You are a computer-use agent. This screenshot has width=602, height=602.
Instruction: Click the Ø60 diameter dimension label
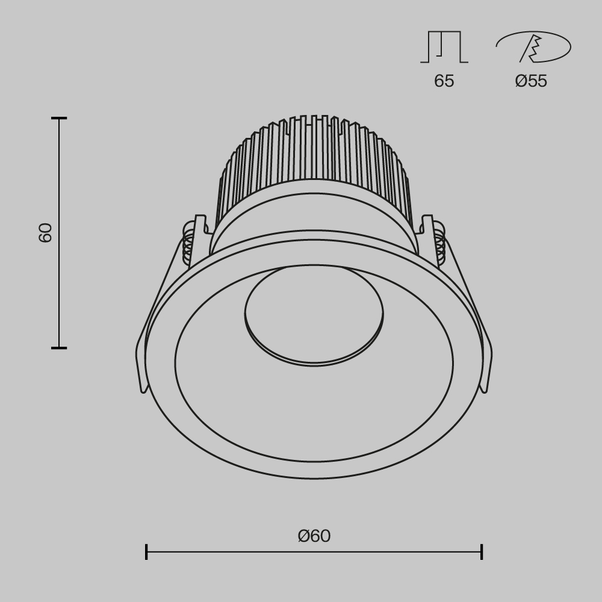click(x=314, y=536)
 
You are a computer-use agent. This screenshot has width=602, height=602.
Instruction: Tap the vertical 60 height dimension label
click(x=46, y=232)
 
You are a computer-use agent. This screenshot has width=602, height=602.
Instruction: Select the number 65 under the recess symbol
click(x=444, y=81)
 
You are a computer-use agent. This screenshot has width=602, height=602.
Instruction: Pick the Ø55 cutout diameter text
click(x=531, y=81)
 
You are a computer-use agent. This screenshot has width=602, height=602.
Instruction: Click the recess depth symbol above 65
click(x=444, y=47)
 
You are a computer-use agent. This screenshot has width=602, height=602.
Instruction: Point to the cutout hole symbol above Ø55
click(x=533, y=47)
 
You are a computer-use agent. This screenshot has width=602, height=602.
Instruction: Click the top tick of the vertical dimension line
click(x=59, y=119)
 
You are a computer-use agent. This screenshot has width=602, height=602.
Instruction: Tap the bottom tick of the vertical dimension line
click(x=59, y=347)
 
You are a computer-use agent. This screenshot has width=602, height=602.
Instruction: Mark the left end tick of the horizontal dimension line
click(x=146, y=551)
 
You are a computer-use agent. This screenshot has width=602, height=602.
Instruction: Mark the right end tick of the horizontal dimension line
click(x=482, y=551)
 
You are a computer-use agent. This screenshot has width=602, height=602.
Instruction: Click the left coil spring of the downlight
click(x=188, y=244)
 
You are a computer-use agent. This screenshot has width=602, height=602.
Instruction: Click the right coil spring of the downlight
click(x=439, y=244)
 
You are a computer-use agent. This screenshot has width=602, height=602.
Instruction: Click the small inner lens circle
click(x=314, y=313)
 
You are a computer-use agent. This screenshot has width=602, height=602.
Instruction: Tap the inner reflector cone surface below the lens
click(x=314, y=415)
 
